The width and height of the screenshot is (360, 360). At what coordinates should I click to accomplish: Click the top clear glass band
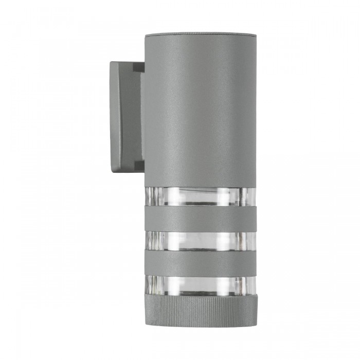[x=200, y=196]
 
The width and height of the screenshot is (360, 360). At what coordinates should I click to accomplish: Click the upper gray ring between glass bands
[x=200, y=218]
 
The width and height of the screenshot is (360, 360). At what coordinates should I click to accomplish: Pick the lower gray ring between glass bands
[x=200, y=262]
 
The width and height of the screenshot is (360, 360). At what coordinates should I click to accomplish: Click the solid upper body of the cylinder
[x=200, y=113]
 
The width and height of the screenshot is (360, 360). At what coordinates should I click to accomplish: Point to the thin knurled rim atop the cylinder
[x=200, y=35]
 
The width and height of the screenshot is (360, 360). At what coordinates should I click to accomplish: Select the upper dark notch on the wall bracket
[x=137, y=66]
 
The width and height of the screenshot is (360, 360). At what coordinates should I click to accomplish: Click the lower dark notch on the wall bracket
[x=137, y=166]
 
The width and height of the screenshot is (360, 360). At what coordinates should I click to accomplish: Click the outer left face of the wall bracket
[x=116, y=116]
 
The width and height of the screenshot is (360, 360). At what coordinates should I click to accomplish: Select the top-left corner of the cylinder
[x=145, y=34]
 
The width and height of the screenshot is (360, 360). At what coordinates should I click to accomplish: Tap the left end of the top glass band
[x=146, y=196]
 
